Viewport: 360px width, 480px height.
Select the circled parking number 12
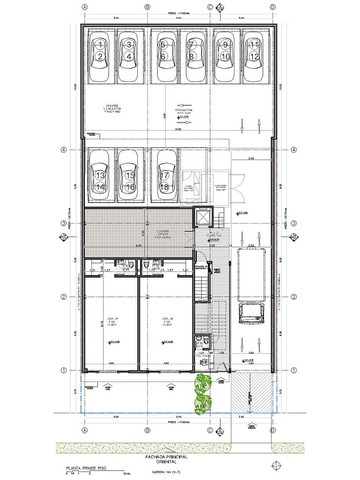point(254,56)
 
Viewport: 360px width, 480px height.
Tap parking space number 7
point(191,45)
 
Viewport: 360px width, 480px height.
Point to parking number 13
point(100,175)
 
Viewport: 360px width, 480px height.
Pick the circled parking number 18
point(164,187)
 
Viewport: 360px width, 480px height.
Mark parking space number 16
point(130,187)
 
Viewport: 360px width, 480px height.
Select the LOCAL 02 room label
point(165,319)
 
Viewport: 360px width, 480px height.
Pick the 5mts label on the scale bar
point(121,474)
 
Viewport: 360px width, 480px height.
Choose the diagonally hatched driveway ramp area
point(252,391)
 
